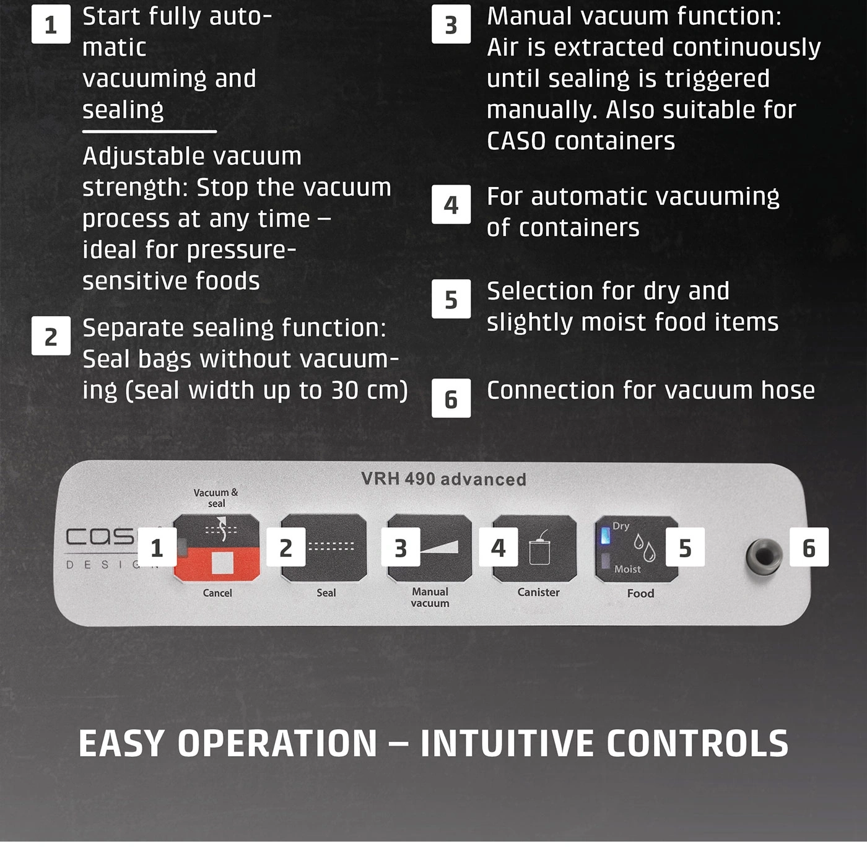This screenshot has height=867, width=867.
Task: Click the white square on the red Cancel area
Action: pos(222,562)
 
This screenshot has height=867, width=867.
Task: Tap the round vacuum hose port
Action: pos(764,557)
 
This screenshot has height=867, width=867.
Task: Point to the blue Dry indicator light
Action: pos(606,536)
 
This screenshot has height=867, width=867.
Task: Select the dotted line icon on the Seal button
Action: pos(331,546)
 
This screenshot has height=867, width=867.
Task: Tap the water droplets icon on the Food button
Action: pos(644,547)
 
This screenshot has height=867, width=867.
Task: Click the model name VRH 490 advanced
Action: pos(443,479)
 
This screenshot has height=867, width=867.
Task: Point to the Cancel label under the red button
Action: pos(217,593)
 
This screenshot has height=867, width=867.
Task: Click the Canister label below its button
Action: pos(539,592)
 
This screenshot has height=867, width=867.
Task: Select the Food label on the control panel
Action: pos(641,593)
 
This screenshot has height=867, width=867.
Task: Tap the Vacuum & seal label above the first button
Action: pos(216,498)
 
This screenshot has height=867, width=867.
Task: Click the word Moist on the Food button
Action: pos(627,569)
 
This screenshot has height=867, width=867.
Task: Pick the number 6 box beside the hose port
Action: pos(809,547)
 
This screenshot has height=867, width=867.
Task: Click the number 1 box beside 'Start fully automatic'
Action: pos(51,24)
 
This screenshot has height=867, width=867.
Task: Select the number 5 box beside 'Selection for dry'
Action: pos(451,299)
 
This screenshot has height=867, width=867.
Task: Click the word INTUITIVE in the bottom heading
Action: pos(508,744)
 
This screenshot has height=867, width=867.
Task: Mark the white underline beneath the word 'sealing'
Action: pos(149,132)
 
